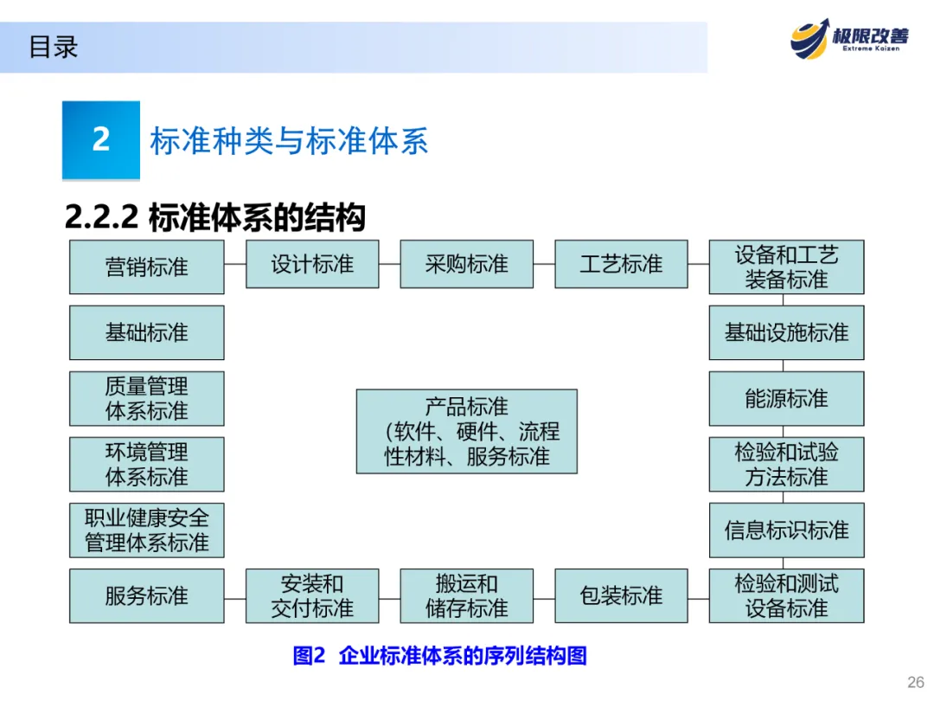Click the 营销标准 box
(146, 267)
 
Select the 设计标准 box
(312, 264)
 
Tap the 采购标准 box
(466, 264)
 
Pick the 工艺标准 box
(621, 264)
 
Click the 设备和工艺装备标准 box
(786, 267)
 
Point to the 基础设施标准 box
(786, 332)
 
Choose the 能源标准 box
(786, 398)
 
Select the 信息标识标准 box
(786, 530)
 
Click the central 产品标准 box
(466, 431)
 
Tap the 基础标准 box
(146, 332)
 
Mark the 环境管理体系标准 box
(146, 464)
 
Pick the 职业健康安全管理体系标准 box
(146, 530)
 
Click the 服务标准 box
(146, 595)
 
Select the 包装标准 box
(621, 595)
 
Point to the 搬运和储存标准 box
(466, 595)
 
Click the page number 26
(915, 681)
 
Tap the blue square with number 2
(101, 139)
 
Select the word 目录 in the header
(54, 47)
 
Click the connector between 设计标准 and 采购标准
(389, 264)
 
